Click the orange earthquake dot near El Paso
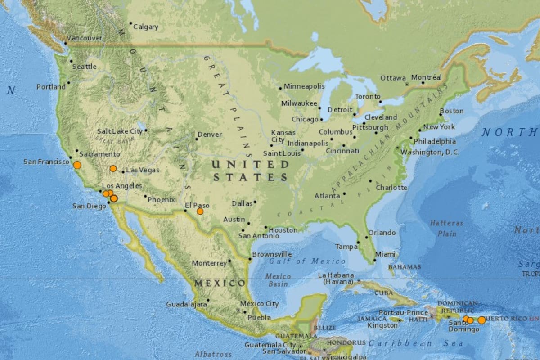click(x=200, y=211)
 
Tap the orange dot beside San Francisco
click(x=77, y=165)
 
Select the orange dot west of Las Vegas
click(x=113, y=169)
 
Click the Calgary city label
click(x=146, y=27)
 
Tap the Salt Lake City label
click(x=120, y=131)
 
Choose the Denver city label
click(x=210, y=135)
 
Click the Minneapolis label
click(x=304, y=86)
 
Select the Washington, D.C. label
click(x=430, y=153)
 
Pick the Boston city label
click(x=451, y=111)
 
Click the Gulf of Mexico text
click(x=307, y=261)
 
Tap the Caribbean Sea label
click(x=415, y=343)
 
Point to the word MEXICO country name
click(x=220, y=283)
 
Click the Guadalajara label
click(x=186, y=304)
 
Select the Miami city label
click(x=385, y=254)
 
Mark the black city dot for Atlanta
click(x=344, y=194)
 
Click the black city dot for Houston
click(x=265, y=228)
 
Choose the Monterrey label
click(x=209, y=263)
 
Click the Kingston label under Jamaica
click(x=382, y=325)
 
